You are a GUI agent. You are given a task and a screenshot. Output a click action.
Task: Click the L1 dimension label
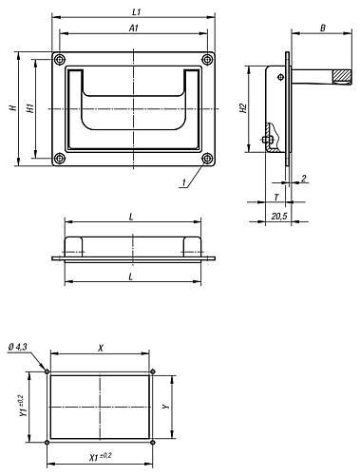pos(137,12)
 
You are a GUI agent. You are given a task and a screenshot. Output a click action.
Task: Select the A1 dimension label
pos(134,28)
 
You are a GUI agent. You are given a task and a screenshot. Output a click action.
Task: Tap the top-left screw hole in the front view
pos(59,59)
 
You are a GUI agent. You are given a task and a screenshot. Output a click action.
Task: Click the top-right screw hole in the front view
pos(207,59)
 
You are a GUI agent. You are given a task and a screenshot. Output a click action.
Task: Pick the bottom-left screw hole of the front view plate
pos(59,159)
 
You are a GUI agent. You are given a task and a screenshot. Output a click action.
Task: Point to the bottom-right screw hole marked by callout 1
pos(207,159)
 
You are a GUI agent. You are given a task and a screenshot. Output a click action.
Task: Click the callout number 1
pos(183,182)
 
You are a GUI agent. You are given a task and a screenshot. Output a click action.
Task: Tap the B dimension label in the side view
pos(323,28)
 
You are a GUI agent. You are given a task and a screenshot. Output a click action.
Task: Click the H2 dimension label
pos(243,108)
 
